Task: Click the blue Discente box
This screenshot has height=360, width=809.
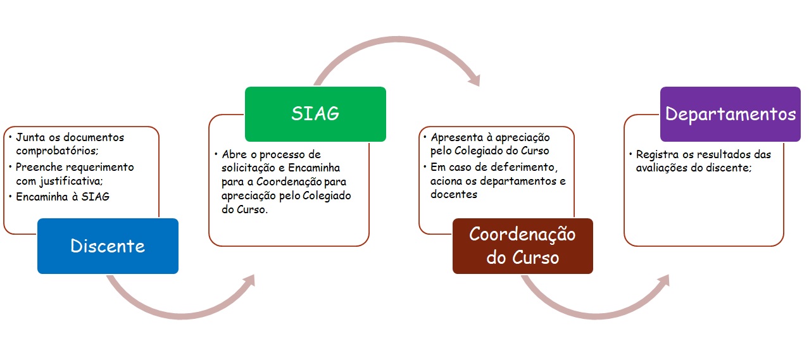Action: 108,246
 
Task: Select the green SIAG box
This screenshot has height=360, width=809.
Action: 315,114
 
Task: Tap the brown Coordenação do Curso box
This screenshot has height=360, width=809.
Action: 522,246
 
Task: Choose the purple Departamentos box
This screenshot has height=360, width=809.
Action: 731,114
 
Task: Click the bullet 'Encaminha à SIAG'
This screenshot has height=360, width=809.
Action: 63,197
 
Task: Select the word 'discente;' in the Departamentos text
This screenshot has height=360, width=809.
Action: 731,168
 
